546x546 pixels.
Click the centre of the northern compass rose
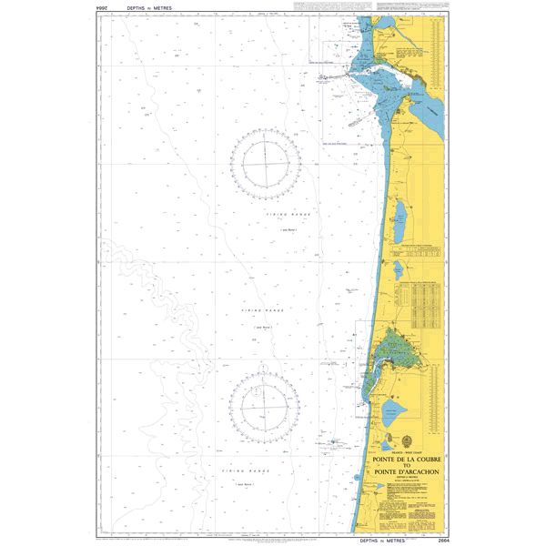(266, 163)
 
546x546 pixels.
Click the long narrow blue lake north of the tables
(400, 215)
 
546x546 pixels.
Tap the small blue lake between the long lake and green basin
(397, 269)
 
